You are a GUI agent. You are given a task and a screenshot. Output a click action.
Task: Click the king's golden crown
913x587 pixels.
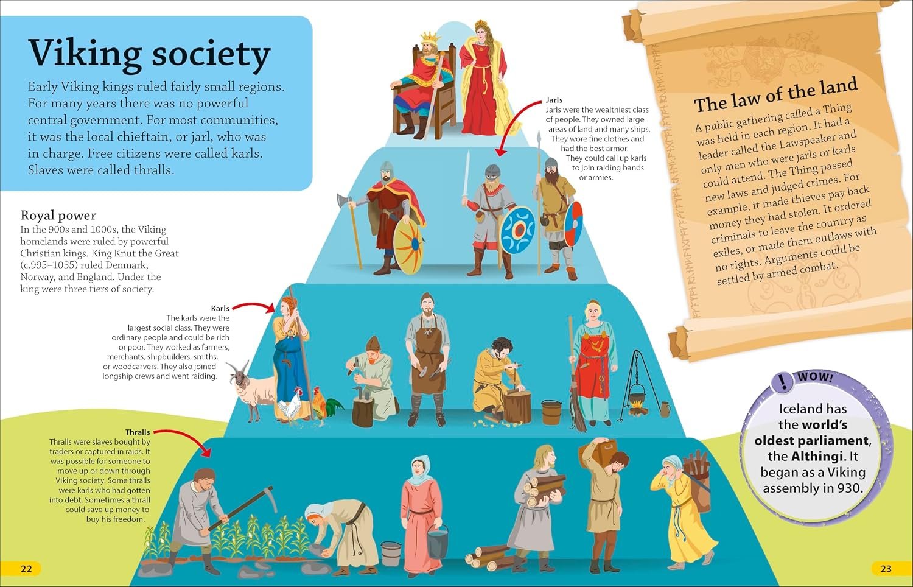coord(430,38)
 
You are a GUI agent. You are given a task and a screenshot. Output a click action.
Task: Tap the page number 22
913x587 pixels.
coord(26,569)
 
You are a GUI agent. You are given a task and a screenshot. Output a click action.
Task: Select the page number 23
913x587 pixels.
coord(886,569)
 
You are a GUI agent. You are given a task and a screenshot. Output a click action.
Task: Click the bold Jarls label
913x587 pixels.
coord(554,100)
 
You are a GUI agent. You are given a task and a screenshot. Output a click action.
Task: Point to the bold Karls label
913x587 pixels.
coord(220,308)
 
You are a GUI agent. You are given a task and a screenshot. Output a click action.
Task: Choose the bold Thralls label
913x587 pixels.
coord(138,432)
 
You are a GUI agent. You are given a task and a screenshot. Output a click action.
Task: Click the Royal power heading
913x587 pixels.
coord(58,215)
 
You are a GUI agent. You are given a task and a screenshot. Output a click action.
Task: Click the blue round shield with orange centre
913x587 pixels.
coord(517,230)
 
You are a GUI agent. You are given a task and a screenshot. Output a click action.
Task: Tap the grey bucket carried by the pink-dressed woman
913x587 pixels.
coord(438,542)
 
